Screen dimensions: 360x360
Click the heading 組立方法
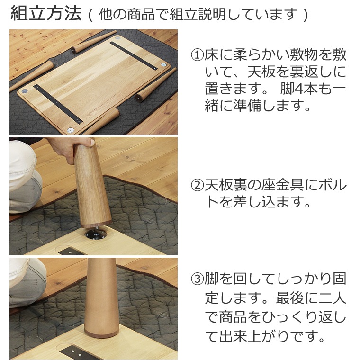[x=46, y=14]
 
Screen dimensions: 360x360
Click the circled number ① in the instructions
[x=198, y=55]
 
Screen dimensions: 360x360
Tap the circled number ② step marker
[x=198, y=185]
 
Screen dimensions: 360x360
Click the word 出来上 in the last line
[x=240, y=336]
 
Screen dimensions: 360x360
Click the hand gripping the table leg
[x=69, y=148]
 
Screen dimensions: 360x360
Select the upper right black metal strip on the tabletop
[x=134, y=56]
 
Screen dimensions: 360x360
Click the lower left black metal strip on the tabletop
[x=58, y=104]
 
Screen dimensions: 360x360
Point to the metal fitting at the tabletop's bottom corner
[x=71, y=130]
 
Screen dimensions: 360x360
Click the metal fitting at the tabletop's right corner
[x=163, y=65]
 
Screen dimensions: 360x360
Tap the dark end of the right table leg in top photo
[x=138, y=98]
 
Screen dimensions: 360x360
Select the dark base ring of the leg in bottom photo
[x=101, y=333]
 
